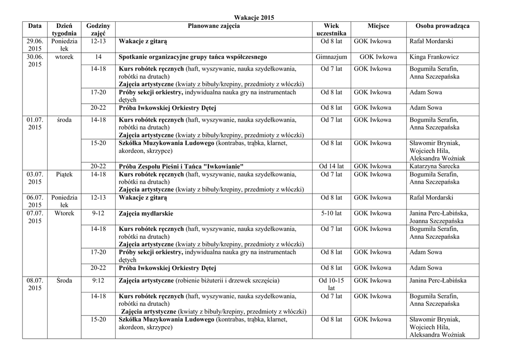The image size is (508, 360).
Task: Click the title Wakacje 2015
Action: pyautogui.click(x=254, y=17)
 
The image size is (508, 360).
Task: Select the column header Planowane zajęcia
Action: pyautogui.click(x=213, y=25)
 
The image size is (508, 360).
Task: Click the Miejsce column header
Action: pyautogui.click(x=378, y=25)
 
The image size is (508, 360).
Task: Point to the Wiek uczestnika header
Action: pyautogui.click(x=331, y=29)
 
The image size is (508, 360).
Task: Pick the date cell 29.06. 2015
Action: pyautogui.click(x=35, y=45)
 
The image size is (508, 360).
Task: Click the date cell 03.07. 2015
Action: pyautogui.click(x=35, y=178)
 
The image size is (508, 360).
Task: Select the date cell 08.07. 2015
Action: pyautogui.click(x=35, y=285)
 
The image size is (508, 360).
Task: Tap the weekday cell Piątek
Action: pyautogui.click(x=64, y=175)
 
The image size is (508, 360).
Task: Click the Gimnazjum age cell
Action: pyautogui.click(x=331, y=57)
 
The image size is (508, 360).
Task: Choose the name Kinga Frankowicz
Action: pyautogui.click(x=434, y=57)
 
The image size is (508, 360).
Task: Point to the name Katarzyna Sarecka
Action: pyautogui.click(x=434, y=166)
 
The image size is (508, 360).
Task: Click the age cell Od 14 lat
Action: pyautogui.click(x=331, y=166)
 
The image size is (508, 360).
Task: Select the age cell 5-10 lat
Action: pyautogui.click(x=331, y=214)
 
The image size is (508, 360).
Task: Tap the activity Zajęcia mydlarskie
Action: pyautogui.click(x=146, y=214)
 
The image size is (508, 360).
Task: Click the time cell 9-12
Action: pyautogui.click(x=98, y=214)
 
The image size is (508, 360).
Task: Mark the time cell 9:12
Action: pyautogui.click(x=98, y=281)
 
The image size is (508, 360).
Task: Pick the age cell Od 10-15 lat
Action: pyautogui.click(x=331, y=285)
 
